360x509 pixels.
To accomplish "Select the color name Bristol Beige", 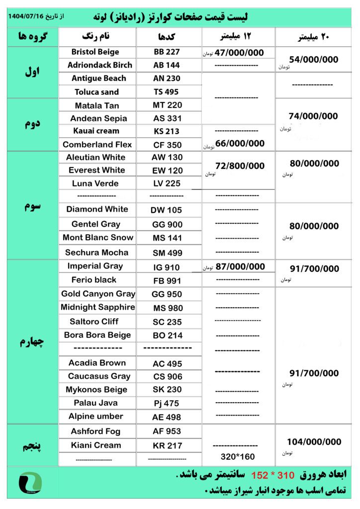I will pos(95,52).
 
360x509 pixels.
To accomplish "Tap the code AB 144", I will pos(167,65).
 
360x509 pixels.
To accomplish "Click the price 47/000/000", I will pos(240,52).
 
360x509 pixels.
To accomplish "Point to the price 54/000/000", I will pos(313,60).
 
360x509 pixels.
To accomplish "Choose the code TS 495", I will pos(166,92).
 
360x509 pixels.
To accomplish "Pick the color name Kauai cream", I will pos(95,131).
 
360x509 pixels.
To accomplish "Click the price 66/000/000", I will pos(240,144).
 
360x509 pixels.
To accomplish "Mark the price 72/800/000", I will pos(240,166).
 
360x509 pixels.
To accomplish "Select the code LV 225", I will pos(167,183).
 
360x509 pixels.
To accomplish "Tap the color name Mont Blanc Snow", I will pos(98,238).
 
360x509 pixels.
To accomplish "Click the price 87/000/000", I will pos(240,266).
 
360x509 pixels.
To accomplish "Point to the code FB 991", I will pos(167,281).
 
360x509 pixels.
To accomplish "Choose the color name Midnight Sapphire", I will pos(98,307).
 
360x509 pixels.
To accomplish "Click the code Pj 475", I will pos(167,403).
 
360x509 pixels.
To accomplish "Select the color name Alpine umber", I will pos(96,417).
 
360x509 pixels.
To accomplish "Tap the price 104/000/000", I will pos(314,442).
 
